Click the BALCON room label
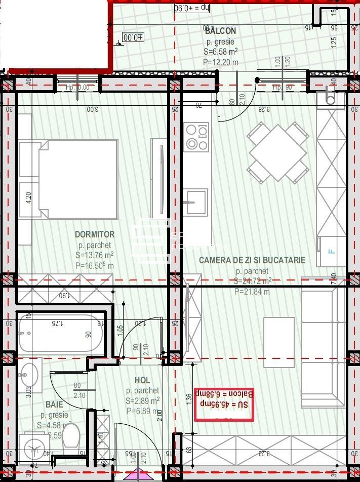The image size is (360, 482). [x=220, y=31]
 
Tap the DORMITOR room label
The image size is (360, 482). [x=95, y=234]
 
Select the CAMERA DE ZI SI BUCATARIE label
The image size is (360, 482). [x=252, y=260]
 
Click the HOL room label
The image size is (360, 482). [x=142, y=380]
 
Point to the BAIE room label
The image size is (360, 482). [x=54, y=405]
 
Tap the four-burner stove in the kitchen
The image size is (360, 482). [x=196, y=137]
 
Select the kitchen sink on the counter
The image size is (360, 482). [x=195, y=203]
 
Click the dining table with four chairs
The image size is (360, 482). [x=278, y=152]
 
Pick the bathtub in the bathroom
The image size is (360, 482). [x=60, y=334]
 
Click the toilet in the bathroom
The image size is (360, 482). [x=70, y=435]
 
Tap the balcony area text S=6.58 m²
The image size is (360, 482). [x=221, y=52]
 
